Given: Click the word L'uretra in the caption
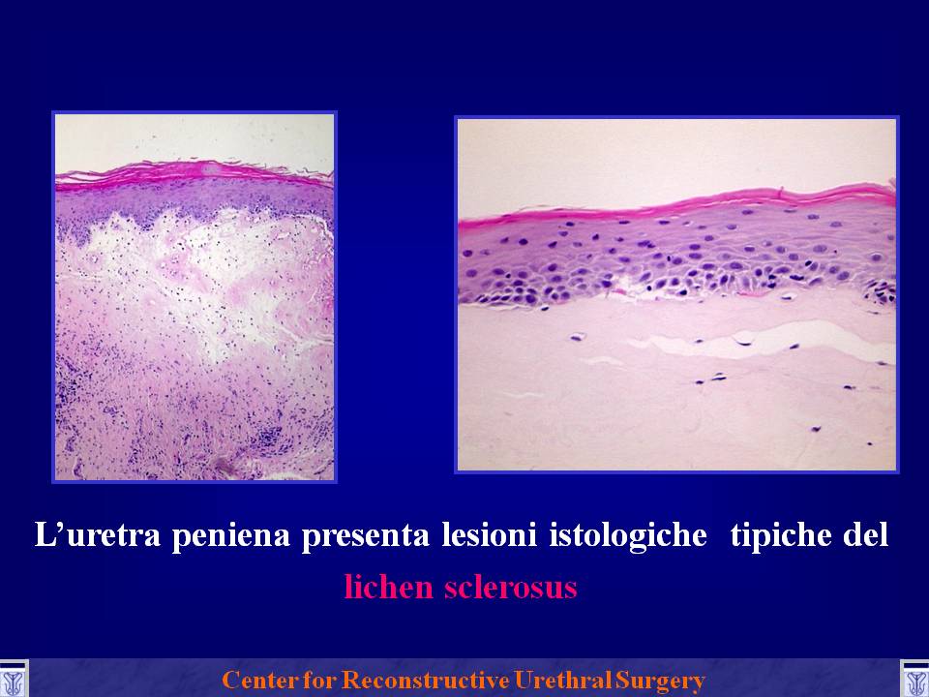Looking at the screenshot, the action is [97, 534].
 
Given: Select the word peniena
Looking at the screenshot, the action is [231, 535].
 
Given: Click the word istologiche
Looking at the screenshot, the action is [628, 535].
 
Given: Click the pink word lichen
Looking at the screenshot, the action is [389, 587].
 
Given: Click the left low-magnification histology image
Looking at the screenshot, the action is [195, 296].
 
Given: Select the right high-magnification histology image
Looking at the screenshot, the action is [676, 294].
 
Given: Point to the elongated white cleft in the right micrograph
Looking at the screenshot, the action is [764, 340].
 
